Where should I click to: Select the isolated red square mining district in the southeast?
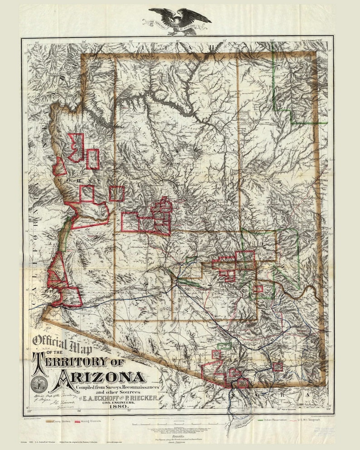pyautogui.click(x=277, y=367)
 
